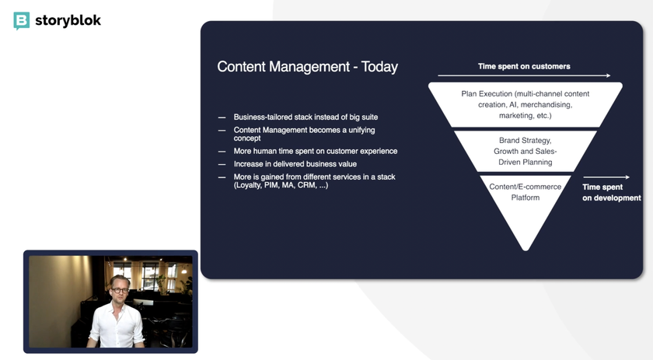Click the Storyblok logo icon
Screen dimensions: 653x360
pos(21,21)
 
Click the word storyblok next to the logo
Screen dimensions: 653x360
pos(68,20)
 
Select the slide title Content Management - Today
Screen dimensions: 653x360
pos(307,67)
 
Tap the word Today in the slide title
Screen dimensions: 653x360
pos(379,67)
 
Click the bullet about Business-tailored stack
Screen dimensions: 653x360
pos(306,117)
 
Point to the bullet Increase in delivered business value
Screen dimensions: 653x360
pos(295,164)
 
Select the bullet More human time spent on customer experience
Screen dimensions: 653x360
pos(316,152)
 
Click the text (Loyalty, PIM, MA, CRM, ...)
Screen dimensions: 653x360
pos(281,185)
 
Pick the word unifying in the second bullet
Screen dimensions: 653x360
pos(361,130)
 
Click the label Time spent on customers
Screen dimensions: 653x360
pos(524,66)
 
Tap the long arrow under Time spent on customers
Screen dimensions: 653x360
pos(524,75)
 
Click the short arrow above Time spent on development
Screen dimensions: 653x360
pos(606,177)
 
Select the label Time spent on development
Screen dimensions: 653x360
pos(611,193)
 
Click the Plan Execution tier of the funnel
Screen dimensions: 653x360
pos(526,105)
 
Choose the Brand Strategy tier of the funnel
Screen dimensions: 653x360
pos(526,152)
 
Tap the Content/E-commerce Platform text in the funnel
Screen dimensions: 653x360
pos(526,192)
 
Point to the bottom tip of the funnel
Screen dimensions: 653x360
pos(526,250)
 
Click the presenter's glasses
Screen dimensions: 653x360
pos(120,290)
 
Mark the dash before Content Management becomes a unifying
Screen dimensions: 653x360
pos(222,131)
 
